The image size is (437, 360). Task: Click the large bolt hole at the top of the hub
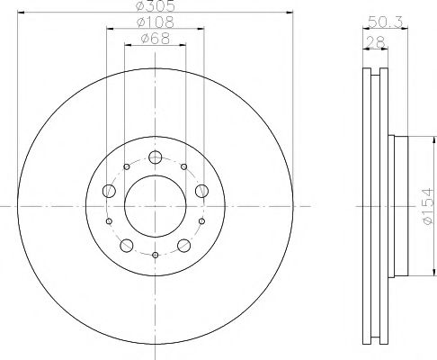155,157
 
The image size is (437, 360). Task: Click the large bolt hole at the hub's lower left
127,244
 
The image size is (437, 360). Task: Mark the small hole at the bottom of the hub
155,256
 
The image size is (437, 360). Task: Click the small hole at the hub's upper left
126,167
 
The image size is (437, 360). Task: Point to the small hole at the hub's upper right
183,167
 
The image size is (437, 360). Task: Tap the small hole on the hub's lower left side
109,221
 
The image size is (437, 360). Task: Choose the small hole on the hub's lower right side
201,221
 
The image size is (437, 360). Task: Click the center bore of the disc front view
155,206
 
